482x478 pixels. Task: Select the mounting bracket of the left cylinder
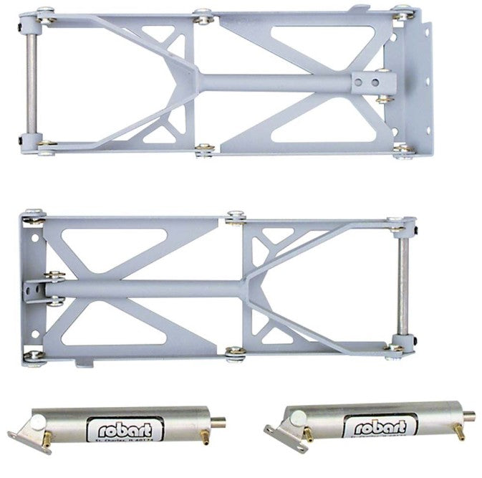coord(25,430)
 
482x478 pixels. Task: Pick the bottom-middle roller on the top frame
coord(205,150)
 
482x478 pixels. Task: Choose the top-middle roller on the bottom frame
coord(235,218)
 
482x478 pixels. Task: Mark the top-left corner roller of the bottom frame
coord(33,215)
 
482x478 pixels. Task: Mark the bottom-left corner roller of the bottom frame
coord(32,356)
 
